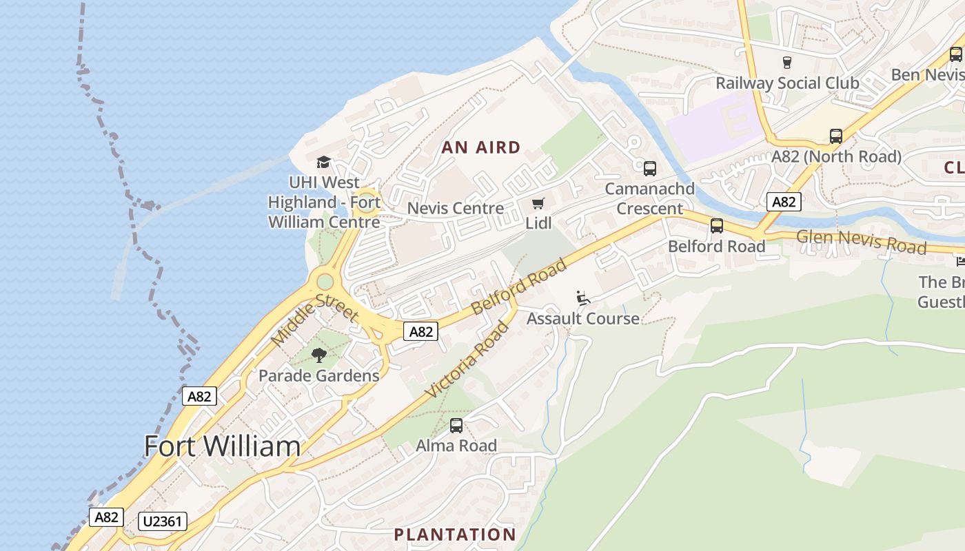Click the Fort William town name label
click(x=222, y=446)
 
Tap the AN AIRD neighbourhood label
click(x=481, y=147)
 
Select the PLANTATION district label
click(x=455, y=534)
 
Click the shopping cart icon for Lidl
click(x=538, y=203)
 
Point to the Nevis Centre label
click(x=456, y=208)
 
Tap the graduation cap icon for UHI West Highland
click(x=323, y=163)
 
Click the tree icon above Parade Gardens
click(x=318, y=355)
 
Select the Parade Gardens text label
click(x=318, y=376)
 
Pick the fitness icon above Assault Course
click(x=583, y=298)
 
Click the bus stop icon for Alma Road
click(x=456, y=426)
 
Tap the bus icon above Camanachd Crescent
click(x=649, y=169)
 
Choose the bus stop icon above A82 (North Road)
click(x=836, y=136)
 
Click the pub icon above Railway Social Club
click(x=786, y=63)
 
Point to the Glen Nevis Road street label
click(x=861, y=242)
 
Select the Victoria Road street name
click(x=467, y=360)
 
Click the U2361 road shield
click(x=163, y=521)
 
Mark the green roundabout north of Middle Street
click(x=324, y=281)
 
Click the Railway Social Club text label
click(x=787, y=83)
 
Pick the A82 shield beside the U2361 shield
click(x=106, y=517)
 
